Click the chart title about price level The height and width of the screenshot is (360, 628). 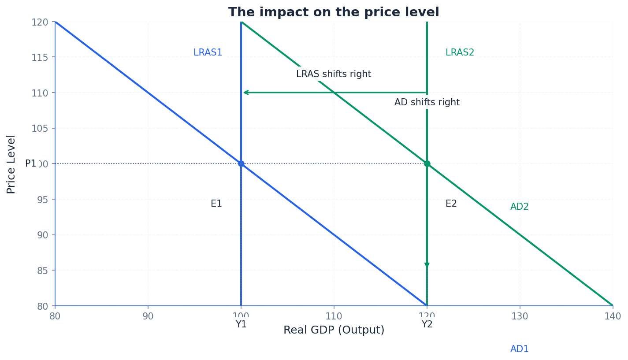click(x=334, y=12)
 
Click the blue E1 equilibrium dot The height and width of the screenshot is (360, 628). click(x=241, y=163)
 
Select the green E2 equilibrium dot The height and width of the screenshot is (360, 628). click(x=427, y=163)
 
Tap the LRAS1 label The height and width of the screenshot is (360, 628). click(x=208, y=53)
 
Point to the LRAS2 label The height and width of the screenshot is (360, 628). click(x=460, y=53)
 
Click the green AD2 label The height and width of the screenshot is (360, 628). click(x=519, y=207)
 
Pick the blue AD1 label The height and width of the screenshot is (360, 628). click(x=519, y=349)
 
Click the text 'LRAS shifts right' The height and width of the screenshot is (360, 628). click(x=334, y=74)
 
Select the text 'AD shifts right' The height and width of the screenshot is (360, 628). click(x=427, y=103)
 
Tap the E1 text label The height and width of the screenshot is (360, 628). click(x=216, y=204)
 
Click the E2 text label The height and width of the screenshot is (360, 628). click(x=451, y=204)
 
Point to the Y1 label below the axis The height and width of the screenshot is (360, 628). click(x=241, y=325)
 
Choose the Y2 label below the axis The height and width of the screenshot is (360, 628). click(x=427, y=325)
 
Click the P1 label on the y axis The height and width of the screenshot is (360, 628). click(x=30, y=164)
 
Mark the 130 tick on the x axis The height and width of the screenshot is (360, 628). click(x=520, y=316)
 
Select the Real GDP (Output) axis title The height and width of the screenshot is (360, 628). click(x=334, y=330)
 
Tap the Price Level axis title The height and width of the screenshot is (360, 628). click(x=11, y=164)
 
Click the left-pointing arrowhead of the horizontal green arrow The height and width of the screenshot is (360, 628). click(x=245, y=93)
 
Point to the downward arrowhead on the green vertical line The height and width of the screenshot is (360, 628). click(x=427, y=266)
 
